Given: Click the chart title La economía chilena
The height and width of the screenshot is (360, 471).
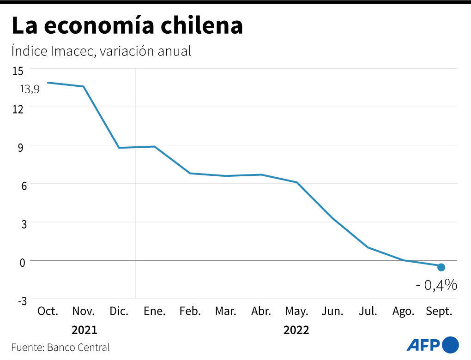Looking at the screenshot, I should pyautogui.click(x=127, y=26).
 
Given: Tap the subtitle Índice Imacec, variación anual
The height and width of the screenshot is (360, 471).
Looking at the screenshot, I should pyautogui.click(x=101, y=51).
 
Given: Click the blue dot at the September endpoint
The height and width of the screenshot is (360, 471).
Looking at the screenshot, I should pyautogui.click(x=441, y=267).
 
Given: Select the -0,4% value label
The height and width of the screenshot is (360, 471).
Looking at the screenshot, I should pyautogui.click(x=436, y=285).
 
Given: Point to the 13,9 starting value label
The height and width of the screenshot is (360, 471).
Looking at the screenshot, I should pyautogui.click(x=29, y=89).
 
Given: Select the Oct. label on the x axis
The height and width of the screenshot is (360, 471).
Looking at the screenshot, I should pyautogui.click(x=48, y=311).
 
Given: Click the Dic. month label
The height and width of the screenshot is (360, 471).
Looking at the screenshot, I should pyautogui.click(x=119, y=311).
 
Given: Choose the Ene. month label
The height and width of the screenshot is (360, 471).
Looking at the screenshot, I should pyautogui.click(x=154, y=311).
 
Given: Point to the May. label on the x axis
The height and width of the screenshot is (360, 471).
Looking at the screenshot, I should pyautogui.click(x=296, y=311).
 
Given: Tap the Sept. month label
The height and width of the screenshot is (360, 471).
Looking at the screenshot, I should pyautogui.click(x=439, y=311).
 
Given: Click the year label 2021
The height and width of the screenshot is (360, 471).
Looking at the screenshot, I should pyautogui.click(x=84, y=330).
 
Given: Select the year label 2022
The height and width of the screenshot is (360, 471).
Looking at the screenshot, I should pyautogui.click(x=296, y=330).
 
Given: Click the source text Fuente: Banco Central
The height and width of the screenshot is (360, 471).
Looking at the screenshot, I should pyautogui.click(x=60, y=347).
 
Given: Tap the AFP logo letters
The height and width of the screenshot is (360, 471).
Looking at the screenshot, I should pyautogui.click(x=423, y=345).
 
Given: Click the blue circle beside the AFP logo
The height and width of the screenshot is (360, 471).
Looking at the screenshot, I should pyautogui.click(x=451, y=345).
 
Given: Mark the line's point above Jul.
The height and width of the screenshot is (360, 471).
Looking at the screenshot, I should pyautogui.click(x=368, y=247).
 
